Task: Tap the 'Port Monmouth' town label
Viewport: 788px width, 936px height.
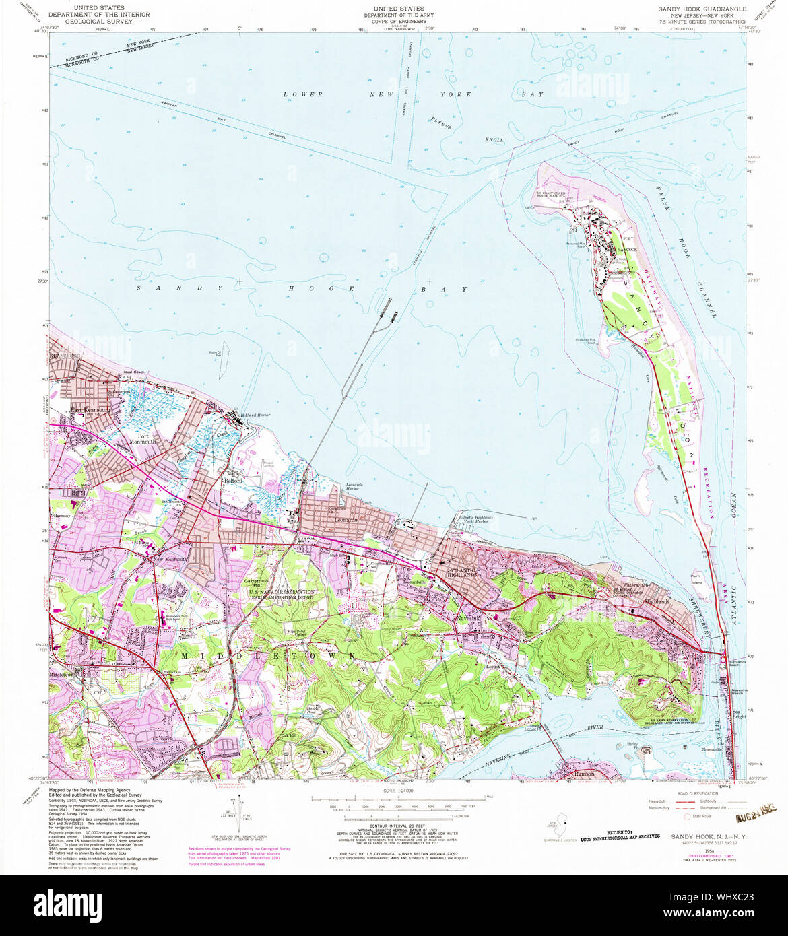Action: (x=138, y=438)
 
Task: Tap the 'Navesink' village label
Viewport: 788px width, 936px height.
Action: (x=467, y=617)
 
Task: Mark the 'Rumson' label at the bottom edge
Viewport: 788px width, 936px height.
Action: (x=585, y=774)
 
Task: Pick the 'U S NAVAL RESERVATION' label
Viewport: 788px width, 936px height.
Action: (x=282, y=593)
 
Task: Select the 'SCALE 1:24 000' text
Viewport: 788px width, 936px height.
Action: (x=397, y=789)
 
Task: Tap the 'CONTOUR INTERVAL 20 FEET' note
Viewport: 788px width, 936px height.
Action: (x=397, y=828)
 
